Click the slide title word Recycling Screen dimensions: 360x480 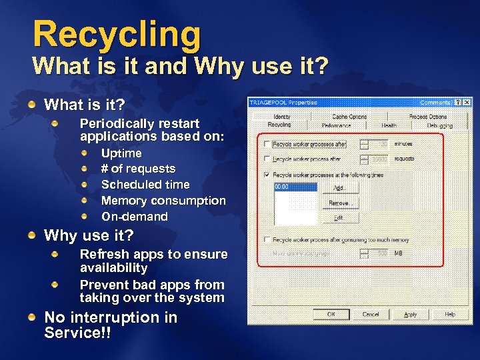point(117,35)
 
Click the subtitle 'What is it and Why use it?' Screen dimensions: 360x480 point(180,67)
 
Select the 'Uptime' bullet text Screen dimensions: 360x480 point(121,153)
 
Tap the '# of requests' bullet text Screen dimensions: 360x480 point(138,169)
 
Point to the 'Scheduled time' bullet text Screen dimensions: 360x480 point(145,185)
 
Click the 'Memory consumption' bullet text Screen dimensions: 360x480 point(163,201)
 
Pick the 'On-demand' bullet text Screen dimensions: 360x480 point(134,217)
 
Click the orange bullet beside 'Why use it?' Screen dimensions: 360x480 point(32,235)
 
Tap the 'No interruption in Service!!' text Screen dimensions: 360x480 point(110,325)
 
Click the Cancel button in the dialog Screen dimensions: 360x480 point(371,314)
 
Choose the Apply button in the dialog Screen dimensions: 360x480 point(411,314)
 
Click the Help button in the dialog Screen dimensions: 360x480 point(450,314)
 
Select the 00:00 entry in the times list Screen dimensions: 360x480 point(282,188)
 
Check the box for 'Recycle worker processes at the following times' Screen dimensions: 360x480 point(267,175)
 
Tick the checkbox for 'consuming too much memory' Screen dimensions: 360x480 point(267,239)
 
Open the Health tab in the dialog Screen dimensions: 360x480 point(389,125)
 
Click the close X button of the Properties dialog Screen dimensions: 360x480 point(466,103)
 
